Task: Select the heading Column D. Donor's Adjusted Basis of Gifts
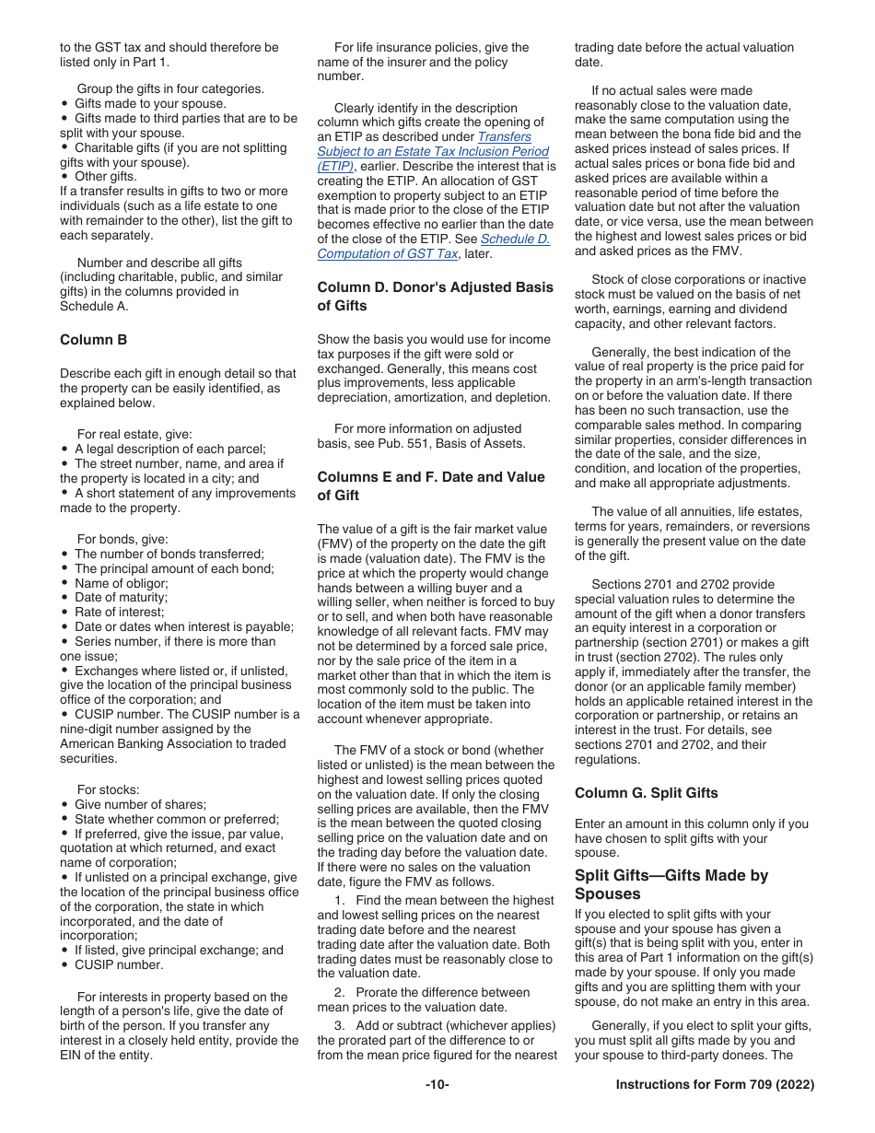click(x=435, y=297)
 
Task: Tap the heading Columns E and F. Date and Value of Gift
click(x=430, y=486)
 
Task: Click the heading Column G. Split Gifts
click(x=646, y=793)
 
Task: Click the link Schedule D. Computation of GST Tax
click(x=433, y=247)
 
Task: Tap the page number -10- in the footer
click(x=437, y=1085)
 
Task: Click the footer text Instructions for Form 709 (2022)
click(x=715, y=1085)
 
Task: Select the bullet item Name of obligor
click(x=122, y=583)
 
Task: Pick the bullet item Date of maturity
click(x=121, y=598)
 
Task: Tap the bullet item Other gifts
click(x=105, y=177)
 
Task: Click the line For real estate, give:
click(x=134, y=434)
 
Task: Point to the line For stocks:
click(x=109, y=789)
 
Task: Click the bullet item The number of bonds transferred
click(x=169, y=554)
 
